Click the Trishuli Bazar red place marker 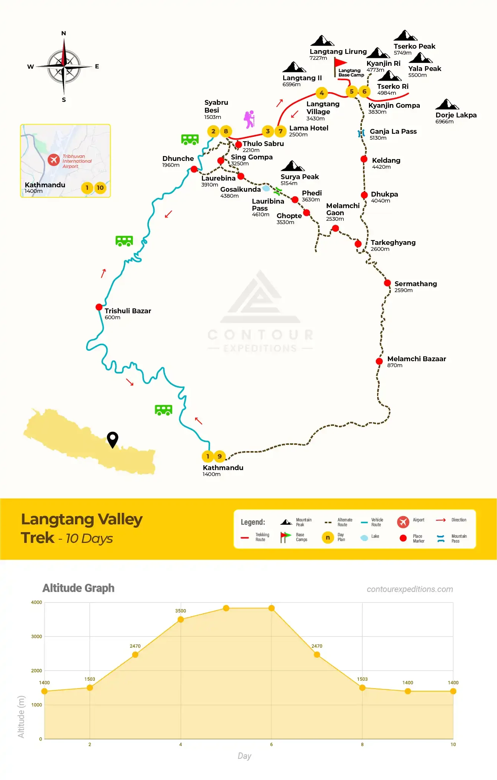pos(99,307)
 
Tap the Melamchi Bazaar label pos(416,359)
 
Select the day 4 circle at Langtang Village pos(321,93)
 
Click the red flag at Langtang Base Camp pos(340,64)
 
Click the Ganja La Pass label pos(393,132)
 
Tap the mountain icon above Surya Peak pos(292,166)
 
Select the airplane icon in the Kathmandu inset pos(54,160)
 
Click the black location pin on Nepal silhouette pos(112,440)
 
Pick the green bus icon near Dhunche pos(190,139)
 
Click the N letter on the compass pos(63,33)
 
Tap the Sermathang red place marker pos(387,283)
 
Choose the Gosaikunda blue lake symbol pos(266,188)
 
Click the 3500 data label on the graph pos(180,611)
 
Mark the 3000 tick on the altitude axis pos(36,637)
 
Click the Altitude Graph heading pos(78,588)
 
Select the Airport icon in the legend pos(403,522)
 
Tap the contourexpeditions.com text pos(410,589)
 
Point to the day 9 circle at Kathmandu pos(219,456)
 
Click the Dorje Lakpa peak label pos(456,115)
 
